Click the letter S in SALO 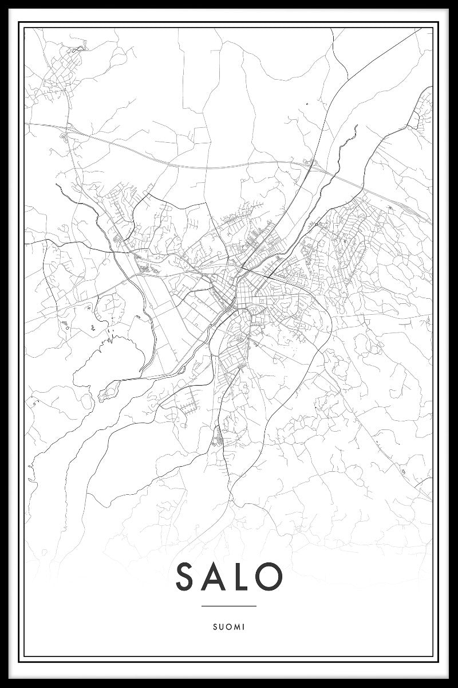[187, 577]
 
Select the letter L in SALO [241, 577]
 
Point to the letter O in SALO [269, 577]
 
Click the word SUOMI [229, 627]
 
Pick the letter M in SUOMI [237, 627]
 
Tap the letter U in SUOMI [221, 627]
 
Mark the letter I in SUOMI [244, 627]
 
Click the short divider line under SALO [229, 606]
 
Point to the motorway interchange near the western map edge [64, 135]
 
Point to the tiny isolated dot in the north [307, 104]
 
